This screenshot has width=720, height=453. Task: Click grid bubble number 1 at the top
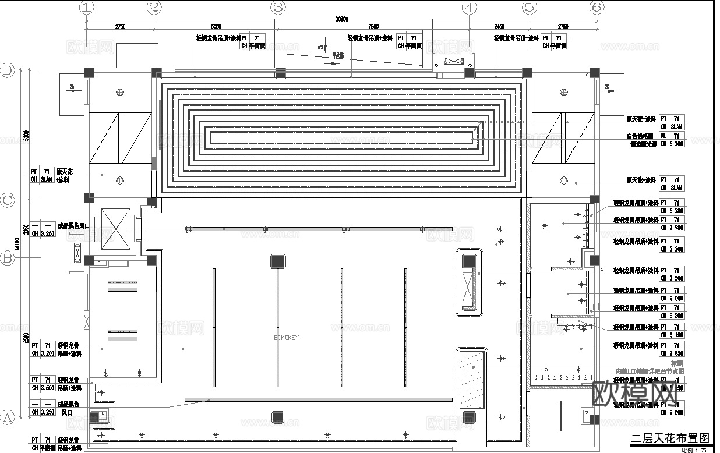tap(87, 8)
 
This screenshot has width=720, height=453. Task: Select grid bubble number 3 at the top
tap(278, 8)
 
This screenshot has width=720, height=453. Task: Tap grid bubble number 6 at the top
tap(596, 8)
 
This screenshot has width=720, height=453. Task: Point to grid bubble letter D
tap(8, 70)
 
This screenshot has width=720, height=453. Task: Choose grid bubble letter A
tap(8, 417)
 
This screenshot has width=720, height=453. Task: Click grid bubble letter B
tap(8, 258)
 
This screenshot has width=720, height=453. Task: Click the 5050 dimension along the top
tap(216, 26)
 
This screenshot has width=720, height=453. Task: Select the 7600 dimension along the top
tap(373, 26)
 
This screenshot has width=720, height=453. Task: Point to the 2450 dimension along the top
tap(499, 26)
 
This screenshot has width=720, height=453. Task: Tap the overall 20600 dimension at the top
tap(341, 19)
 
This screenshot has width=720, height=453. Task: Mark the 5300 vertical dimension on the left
tap(25, 135)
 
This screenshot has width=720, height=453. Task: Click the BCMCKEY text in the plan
tap(287, 337)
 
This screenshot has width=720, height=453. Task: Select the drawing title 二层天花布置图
tap(669, 438)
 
